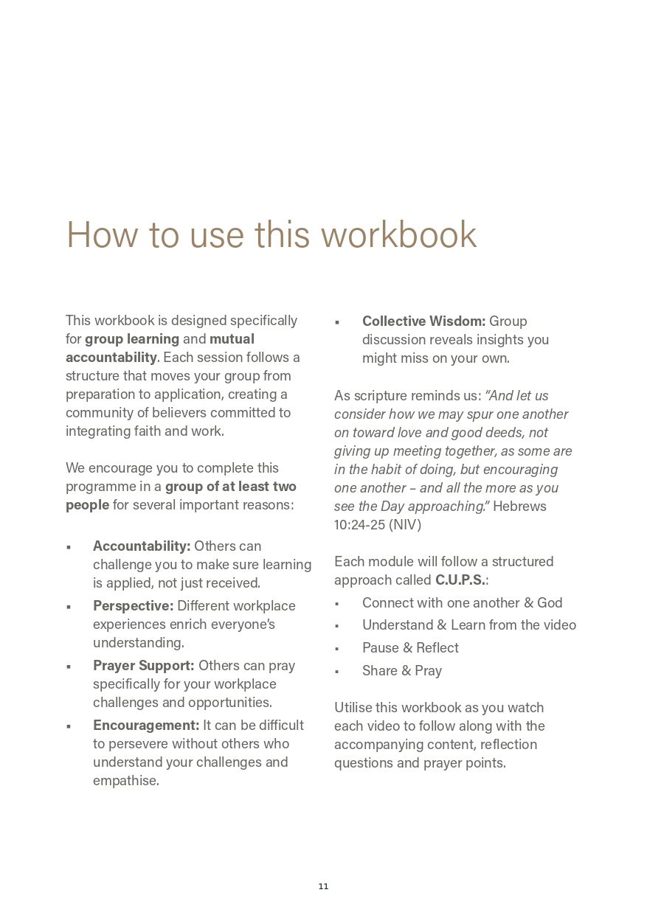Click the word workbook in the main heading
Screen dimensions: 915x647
click(398, 234)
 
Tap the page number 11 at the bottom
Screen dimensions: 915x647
click(323, 886)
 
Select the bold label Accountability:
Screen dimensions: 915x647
click(142, 546)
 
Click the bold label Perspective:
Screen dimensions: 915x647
click(133, 606)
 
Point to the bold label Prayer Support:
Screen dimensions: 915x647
click(143, 666)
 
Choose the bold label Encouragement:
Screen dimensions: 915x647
click(146, 726)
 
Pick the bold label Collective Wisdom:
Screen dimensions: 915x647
click(423, 321)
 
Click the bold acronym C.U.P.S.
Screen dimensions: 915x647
click(460, 580)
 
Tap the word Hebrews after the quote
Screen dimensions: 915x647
click(519, 507)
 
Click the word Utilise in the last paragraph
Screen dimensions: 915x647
click(356, 708)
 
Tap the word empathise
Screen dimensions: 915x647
click(126, 781)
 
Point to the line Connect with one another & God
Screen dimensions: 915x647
click(462, 603)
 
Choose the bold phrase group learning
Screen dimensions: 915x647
click(132, 339)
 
